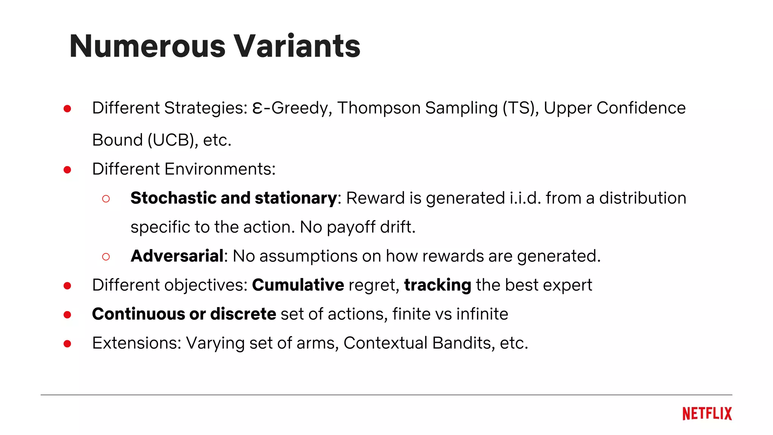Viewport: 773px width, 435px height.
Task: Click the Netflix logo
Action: point(707,414)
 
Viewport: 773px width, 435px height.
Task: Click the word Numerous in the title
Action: point(148,46)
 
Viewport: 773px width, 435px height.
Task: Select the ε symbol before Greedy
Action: point(257,108)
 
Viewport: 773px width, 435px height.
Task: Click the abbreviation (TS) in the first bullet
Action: point(521,108)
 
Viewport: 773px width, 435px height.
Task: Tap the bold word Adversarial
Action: point(177,256)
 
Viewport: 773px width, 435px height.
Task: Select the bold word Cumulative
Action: point(298,285)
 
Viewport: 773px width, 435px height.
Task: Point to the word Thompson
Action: point(379,108)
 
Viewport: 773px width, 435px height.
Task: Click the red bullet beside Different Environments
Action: point(68,170)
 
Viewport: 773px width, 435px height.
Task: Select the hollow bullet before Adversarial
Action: point(106,257)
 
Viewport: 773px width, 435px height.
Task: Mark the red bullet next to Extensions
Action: point(68,344)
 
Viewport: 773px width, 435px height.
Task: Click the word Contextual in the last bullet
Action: point(385,343)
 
